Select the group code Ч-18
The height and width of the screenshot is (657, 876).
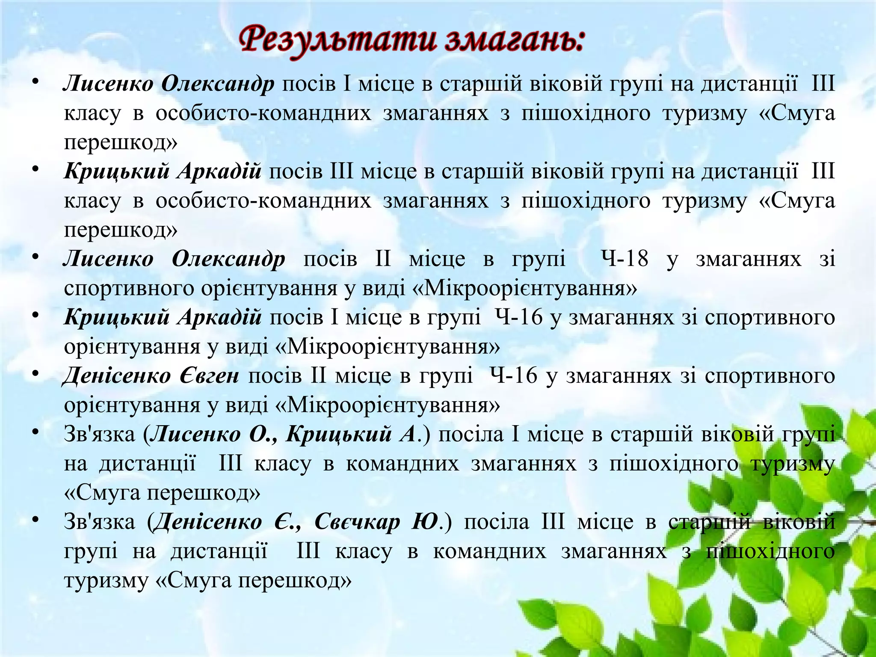click(625, 259)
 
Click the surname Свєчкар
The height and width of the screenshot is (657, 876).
click(358, 522)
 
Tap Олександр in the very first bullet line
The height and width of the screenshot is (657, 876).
click(218, 83)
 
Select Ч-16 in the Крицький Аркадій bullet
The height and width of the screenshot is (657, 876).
click(519, 317)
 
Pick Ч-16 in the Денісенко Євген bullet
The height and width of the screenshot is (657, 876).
click(513, 376)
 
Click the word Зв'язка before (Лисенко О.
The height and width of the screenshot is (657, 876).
click(99, 434)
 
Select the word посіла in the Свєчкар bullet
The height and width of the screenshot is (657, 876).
click(497, 522)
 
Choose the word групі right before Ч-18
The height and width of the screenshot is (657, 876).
click(539, 259)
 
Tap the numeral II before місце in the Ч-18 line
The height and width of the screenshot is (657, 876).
click(383, 259)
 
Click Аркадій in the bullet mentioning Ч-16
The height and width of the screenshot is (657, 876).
click(219, 317)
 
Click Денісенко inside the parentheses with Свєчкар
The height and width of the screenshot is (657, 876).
click(207, 522)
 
